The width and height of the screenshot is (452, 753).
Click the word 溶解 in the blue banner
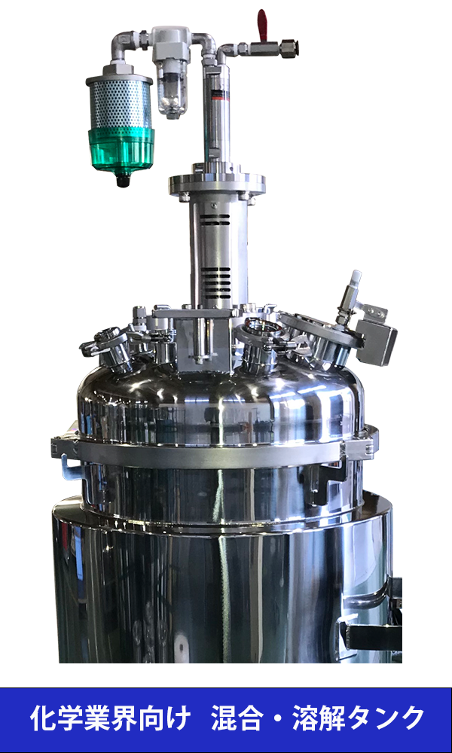click(323, 718)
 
